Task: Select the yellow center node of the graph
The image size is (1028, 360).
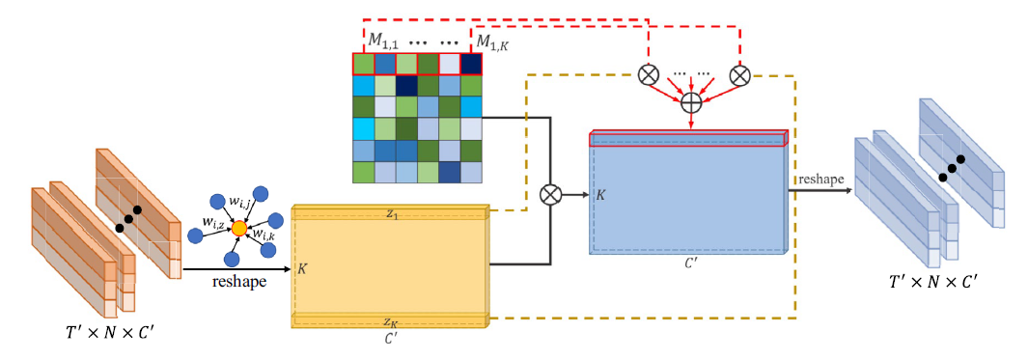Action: pos(239,228)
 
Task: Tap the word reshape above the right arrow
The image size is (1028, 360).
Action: pos(820,180)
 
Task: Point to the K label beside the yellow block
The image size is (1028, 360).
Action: pos(302,269)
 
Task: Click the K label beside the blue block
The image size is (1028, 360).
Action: pos(599,195)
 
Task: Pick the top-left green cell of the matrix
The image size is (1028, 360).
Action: pos(363,65)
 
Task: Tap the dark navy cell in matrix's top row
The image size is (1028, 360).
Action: pos(471,65)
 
